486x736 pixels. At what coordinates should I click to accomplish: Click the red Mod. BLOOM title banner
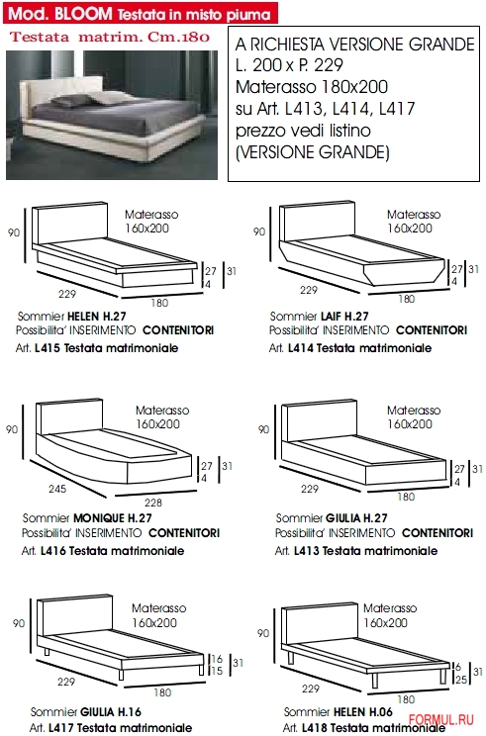[x=141, y=13]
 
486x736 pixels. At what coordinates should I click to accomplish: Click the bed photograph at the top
[x=112, y=115]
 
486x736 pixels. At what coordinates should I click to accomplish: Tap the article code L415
[x=49, y=348]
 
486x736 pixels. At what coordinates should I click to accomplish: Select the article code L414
[x=301, y=348]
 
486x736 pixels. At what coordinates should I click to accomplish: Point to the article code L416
[x=54, y=551]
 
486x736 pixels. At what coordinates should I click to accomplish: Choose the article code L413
[x=307, y=551]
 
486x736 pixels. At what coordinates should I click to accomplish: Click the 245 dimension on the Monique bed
[x=57, y=489]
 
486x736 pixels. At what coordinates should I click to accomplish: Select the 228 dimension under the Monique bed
[x=153, y=503]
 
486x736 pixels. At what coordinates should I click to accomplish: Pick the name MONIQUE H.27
[x=113, y=518]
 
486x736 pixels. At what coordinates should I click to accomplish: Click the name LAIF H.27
[x=344, y=317]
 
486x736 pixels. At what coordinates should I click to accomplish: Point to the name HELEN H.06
[x=361, y=712]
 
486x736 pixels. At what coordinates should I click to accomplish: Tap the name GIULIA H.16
[x=111, y=712]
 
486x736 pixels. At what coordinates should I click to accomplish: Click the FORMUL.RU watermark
[x=440, y=719]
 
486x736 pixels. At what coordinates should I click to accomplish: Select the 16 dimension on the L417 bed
[x=217, y=659]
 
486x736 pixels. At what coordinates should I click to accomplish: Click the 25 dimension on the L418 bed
[x=461, y=680]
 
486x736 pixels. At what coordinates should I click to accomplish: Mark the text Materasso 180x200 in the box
[x=312, y=87]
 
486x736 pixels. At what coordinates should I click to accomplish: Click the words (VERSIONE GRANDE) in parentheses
[x=312, y=152]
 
